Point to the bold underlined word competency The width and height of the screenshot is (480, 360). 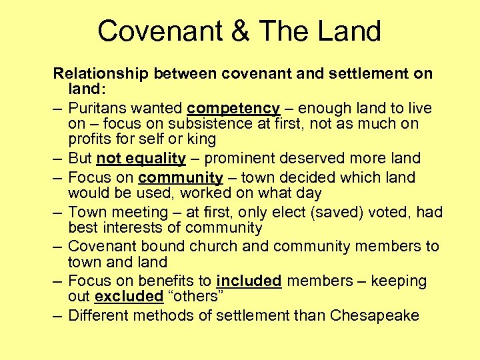click(233, 108)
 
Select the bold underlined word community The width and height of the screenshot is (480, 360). click(181, 178)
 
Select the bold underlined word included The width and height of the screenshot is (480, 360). click(248, 281)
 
